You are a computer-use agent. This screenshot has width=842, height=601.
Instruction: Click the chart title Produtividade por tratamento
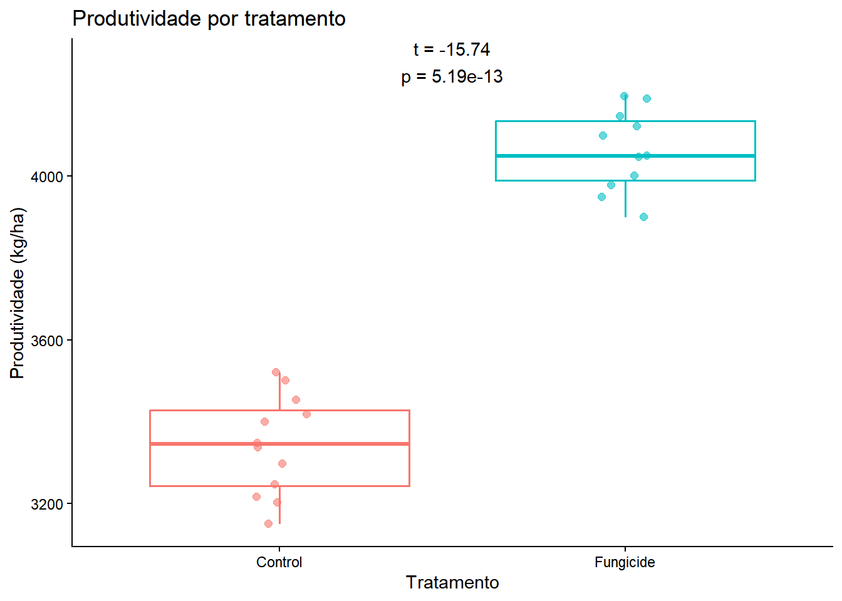pos(209,19)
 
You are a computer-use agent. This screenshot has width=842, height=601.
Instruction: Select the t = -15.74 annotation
pos(452,49)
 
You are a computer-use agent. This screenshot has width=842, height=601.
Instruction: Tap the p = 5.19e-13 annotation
pos(452,76)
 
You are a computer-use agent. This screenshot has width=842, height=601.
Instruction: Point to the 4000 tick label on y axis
pos(47,177)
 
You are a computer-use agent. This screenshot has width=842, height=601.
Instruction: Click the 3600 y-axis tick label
pos(47,341)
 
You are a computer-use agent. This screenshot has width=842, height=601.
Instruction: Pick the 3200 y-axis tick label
pos(47,505)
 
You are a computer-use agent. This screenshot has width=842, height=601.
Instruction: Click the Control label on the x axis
pos(279,562)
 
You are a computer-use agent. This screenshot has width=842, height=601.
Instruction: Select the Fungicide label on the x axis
pos(625,562)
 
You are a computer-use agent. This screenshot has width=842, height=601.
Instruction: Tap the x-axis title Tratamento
pos(452,582)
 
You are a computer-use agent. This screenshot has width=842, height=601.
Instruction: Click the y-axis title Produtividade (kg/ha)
pos(18,292)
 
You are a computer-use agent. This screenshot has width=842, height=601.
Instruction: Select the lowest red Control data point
pos(268,523)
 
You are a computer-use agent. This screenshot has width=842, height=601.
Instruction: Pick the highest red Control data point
pos(276,372)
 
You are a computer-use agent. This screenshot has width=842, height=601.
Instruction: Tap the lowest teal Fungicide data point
pos(643,217)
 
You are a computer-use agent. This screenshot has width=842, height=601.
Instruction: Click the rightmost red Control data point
pos(306,414)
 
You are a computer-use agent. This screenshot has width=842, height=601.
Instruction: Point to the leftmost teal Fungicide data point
pos(601,197)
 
